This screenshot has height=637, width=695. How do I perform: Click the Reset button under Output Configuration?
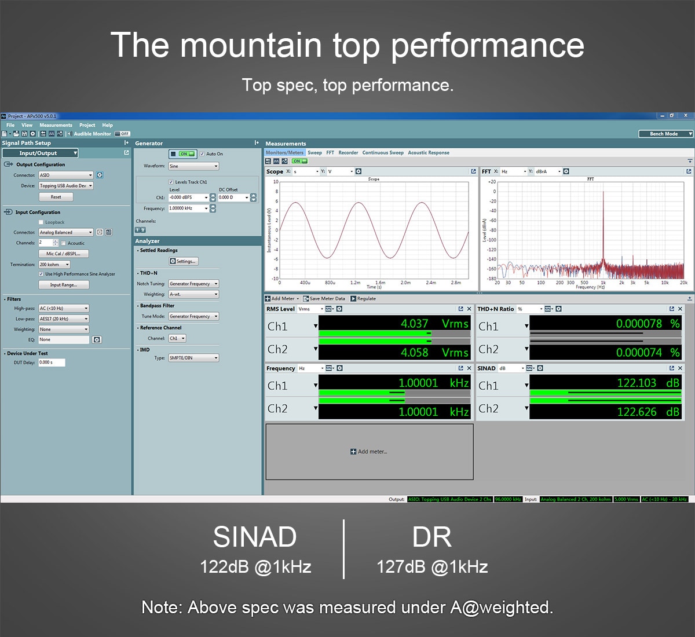coord(56,197)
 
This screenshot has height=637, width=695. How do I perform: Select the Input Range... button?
coord(63,285)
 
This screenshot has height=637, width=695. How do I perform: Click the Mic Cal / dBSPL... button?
coord(63,254)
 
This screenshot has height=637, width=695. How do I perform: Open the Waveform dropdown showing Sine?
coord(193,166)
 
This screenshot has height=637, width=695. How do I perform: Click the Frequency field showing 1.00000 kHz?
coord(188,208)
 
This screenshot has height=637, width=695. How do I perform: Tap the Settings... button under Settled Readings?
coord(184,261)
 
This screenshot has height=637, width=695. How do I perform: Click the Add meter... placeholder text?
coord(369,452)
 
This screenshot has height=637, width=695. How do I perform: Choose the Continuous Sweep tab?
coord(383,153)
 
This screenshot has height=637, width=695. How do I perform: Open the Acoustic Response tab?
coord(428,153)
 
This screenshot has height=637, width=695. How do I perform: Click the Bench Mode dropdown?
coord(665,134)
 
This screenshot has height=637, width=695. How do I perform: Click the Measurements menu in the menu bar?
coord(56,125)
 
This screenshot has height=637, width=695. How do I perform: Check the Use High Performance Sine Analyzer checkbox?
coord(41,274)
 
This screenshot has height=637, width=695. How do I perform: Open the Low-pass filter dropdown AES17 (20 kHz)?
coord(64,318)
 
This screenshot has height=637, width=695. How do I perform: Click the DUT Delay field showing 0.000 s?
coord(52,363)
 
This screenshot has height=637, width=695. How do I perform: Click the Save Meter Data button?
coord(324,299)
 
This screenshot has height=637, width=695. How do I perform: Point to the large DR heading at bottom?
coord(431,537)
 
